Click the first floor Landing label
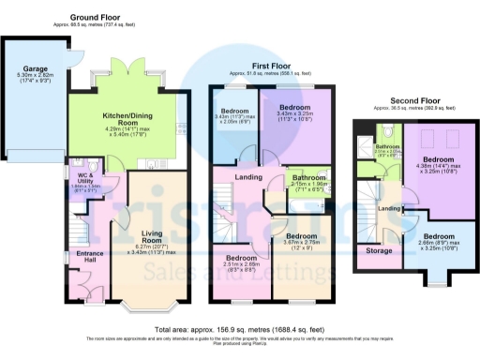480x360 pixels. (x=248, y=177)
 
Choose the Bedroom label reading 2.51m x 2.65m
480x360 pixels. (x=241, y=258)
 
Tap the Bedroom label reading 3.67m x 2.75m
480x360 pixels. (x=303, y=236)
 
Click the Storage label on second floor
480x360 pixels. (x=380, y=251)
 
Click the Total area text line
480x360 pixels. (x=239, y=330)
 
